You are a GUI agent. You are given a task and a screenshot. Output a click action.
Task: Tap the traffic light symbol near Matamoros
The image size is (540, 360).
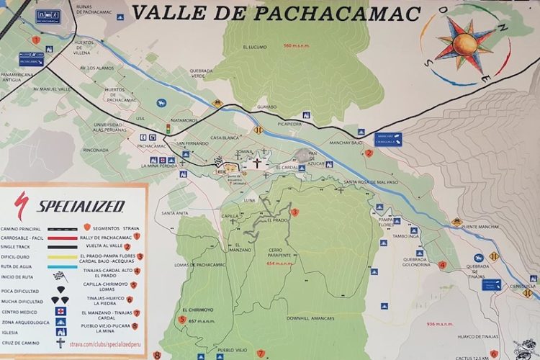click(x=168, y=128)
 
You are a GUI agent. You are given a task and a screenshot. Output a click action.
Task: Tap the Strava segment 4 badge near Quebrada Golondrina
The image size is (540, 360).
click(x=443, y=264)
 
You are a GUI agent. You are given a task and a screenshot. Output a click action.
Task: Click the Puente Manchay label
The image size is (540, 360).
click(x=480, y=227)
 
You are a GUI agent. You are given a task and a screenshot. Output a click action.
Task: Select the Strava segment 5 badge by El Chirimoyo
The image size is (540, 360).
click(x=183, y=320)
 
